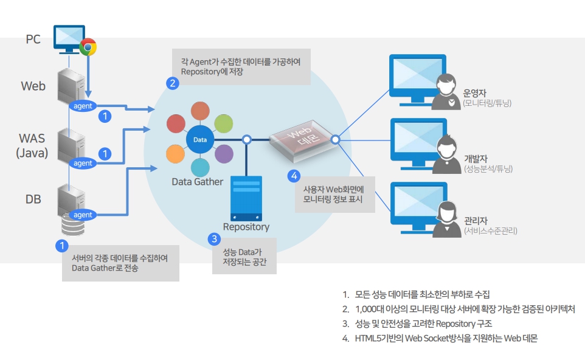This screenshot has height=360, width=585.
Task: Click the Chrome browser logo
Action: (89, 47)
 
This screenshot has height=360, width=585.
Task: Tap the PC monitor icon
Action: (69, 38)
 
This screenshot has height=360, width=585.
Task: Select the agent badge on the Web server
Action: (83, 106)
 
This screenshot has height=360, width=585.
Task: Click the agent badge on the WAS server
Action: (83, 163)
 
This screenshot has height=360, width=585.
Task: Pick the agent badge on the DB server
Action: (83, 215)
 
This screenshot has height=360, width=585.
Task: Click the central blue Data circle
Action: (200, 140)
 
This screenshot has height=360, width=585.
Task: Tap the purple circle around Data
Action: (224, 154)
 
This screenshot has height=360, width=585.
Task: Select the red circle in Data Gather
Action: (176, 124)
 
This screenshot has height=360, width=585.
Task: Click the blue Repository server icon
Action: (246, 198)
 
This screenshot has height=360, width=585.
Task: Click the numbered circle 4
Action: (294, 176)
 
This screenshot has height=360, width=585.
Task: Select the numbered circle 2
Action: (173, 84)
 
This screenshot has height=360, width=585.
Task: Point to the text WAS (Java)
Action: (32, 146)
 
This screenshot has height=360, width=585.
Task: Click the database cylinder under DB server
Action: (72, 227)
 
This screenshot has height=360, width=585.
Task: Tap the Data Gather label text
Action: (197, 181)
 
